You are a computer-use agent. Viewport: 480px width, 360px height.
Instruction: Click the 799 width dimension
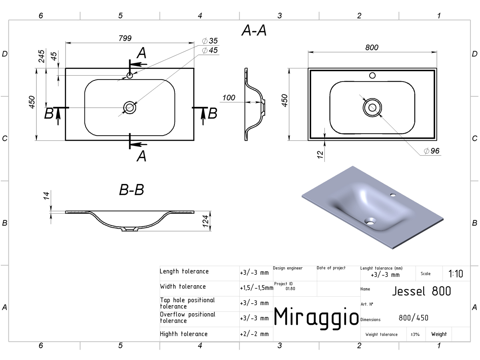pyautogui.click(x=125, y=38)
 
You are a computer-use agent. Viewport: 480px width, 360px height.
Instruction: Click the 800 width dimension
pyautogui.click(x=372, y=48)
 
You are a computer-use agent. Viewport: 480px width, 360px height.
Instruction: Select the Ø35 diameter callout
pyautogui.click(x=210, y=41)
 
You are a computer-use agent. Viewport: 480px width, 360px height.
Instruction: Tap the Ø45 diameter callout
pyautogui.click(x=210, y=50)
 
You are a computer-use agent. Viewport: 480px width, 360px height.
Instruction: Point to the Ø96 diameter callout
pyautogui.click(x=432, y=151)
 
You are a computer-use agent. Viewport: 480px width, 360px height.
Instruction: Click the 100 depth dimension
pyautogui.click(x=229, y=98)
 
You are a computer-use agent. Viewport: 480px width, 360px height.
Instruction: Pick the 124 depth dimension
pyautogui.click(x=206, y=221)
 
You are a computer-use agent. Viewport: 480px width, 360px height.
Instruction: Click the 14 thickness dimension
pyautogui.click(x=46, y=196)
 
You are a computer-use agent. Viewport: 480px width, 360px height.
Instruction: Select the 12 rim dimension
pyautogui.click(x=320, y=155)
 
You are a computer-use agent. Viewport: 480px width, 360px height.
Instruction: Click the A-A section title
pyautogui.click(x=254, y=30)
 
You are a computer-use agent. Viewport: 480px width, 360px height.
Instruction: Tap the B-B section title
pyautogui.click(x=132, y=190)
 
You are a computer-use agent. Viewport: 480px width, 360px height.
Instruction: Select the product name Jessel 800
pyautogui.click(x=421, y=291)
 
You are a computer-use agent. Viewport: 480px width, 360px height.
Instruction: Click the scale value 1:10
pyautogui.click(x=456, y=274)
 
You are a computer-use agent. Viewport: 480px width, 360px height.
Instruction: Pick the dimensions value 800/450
pyautogui.click(x=413, y=318)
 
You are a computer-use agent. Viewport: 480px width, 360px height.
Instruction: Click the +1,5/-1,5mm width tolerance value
pyautogui.click(x=256, y=288)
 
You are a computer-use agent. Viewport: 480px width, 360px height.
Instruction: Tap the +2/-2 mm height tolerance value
pyautogui.click(x=254, y=334)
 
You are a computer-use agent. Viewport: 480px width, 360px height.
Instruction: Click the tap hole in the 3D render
pyautogui.click(x=393, y=195)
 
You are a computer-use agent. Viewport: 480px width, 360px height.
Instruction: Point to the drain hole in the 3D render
pyautogui.click(x=370, y=221)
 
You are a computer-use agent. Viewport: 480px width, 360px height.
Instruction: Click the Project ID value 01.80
pyautogui.click(x=290, y=289)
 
